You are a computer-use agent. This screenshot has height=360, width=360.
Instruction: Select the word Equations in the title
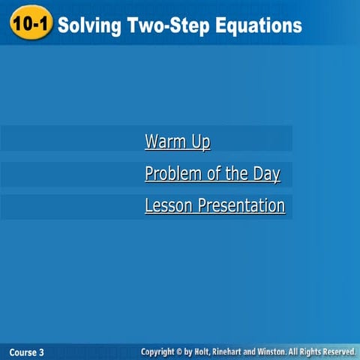[254, 25]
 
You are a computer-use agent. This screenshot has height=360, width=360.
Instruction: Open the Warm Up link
[177, 141]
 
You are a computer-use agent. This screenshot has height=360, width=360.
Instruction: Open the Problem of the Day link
[212, 174]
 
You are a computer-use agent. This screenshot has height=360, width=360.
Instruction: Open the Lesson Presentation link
[214, 205]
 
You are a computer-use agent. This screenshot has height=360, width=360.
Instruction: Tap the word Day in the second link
[266, 174]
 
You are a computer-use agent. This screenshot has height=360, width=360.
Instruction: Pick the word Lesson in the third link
[169, 205]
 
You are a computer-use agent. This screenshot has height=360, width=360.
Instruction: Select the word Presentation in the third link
[241, 205]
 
